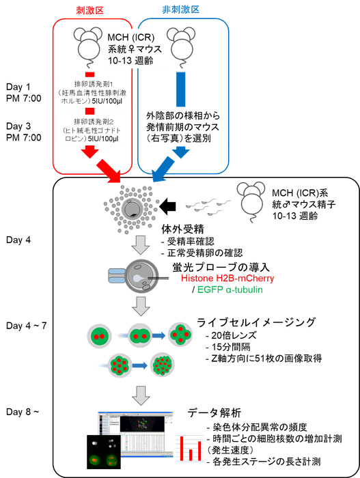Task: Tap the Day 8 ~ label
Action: [19, 411]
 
